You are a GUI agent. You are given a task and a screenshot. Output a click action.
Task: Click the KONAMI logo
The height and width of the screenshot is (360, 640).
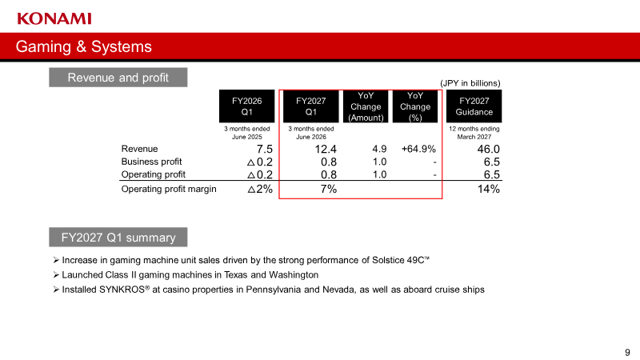coord(54,18)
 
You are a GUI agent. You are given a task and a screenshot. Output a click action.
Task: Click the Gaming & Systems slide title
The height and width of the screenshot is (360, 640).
coord(84,46)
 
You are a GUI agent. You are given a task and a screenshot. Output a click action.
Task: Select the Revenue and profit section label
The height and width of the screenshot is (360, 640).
coord(118,77)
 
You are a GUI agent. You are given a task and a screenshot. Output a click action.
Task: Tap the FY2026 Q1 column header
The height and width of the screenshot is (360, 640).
coord(247,106)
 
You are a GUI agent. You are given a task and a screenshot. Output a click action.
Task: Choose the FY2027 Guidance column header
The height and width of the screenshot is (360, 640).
coord(474,106)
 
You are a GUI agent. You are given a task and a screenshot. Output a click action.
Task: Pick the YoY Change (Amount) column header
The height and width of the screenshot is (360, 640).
coord(366,106)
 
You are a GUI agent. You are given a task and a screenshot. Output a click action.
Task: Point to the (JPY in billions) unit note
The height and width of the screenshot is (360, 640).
coord(470,83)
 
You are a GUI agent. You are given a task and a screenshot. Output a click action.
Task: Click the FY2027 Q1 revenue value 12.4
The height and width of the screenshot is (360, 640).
coord(326,149)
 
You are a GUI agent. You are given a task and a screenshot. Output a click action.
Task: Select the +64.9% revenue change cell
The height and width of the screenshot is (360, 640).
coord(418,149)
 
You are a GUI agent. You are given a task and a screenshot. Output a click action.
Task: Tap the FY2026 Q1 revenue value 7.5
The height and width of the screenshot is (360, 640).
coord(265,149)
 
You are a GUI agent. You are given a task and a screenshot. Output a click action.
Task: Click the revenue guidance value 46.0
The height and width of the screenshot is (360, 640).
coord(489,149)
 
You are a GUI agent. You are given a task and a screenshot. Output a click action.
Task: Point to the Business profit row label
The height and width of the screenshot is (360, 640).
coord(151,162)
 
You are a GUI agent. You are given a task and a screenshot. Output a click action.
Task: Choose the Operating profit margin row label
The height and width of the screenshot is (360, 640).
coord(169,189)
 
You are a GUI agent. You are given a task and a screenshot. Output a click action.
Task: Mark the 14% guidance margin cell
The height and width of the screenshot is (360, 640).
coord(489,189)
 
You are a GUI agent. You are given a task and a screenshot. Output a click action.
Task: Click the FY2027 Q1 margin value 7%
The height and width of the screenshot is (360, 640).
coord(329,189)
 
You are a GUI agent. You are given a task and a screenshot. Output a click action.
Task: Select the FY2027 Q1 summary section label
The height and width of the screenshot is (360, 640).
coord(118,237)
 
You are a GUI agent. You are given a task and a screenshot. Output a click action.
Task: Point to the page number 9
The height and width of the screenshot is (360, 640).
coord(627,352)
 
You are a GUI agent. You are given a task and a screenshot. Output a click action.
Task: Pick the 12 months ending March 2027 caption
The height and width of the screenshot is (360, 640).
coord(474,133)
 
